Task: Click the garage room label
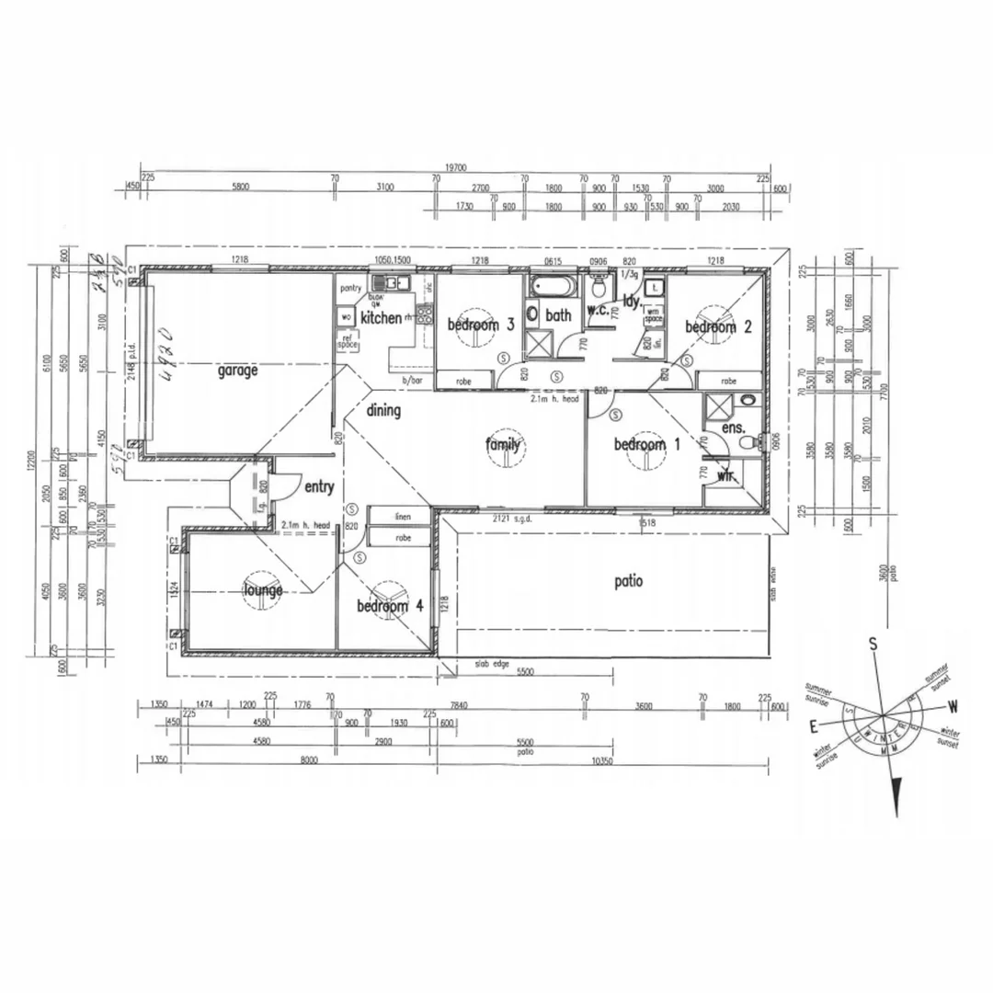237,371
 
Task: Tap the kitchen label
381,319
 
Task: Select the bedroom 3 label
480,325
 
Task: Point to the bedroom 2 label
718,326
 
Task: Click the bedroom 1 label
647,445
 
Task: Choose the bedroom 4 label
390,607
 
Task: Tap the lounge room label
263,590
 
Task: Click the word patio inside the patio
629,581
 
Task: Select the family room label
503,446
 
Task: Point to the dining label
383,411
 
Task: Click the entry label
318,487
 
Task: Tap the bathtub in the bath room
552,287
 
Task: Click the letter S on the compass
873,645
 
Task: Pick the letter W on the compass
953,707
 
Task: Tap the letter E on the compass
813,726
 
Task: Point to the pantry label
350,289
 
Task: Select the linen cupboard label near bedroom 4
402,517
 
